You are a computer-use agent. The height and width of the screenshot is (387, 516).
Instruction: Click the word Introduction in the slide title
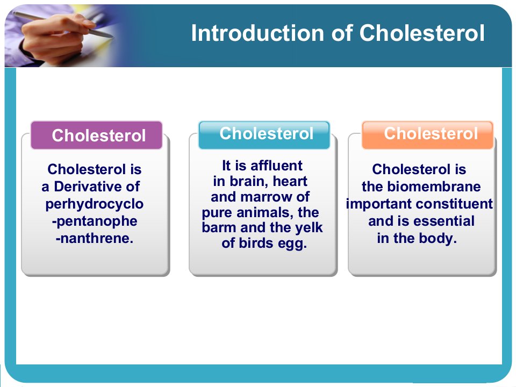(x=257, y=33)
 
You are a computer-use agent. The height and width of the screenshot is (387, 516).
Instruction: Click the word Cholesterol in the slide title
(x=422, y=33)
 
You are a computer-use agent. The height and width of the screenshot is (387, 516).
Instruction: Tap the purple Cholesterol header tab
(x=96, y=135)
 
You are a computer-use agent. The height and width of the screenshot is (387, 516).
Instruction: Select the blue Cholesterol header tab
(x=264, y=135)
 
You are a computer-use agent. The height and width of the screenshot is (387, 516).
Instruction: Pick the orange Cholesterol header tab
(x=427, y=135)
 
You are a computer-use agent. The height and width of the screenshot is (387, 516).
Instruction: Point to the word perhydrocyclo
(x=95, y=204)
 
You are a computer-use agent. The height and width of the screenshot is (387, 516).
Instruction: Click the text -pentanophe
(x=95, y=221)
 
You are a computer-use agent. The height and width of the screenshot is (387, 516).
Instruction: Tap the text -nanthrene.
(x=95, y=238)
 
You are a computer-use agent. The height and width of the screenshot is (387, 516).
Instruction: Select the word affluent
(x=276, y=166)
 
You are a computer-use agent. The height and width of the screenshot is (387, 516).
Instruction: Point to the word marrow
(x=267, y=197)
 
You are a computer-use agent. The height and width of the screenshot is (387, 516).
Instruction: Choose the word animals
(x=265, y=213)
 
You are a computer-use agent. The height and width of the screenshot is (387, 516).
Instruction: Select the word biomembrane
(x=434, y=187)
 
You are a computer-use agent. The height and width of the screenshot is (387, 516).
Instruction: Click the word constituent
(x=457, y=204)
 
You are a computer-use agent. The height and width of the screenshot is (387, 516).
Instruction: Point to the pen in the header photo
(x=62, y=24)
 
